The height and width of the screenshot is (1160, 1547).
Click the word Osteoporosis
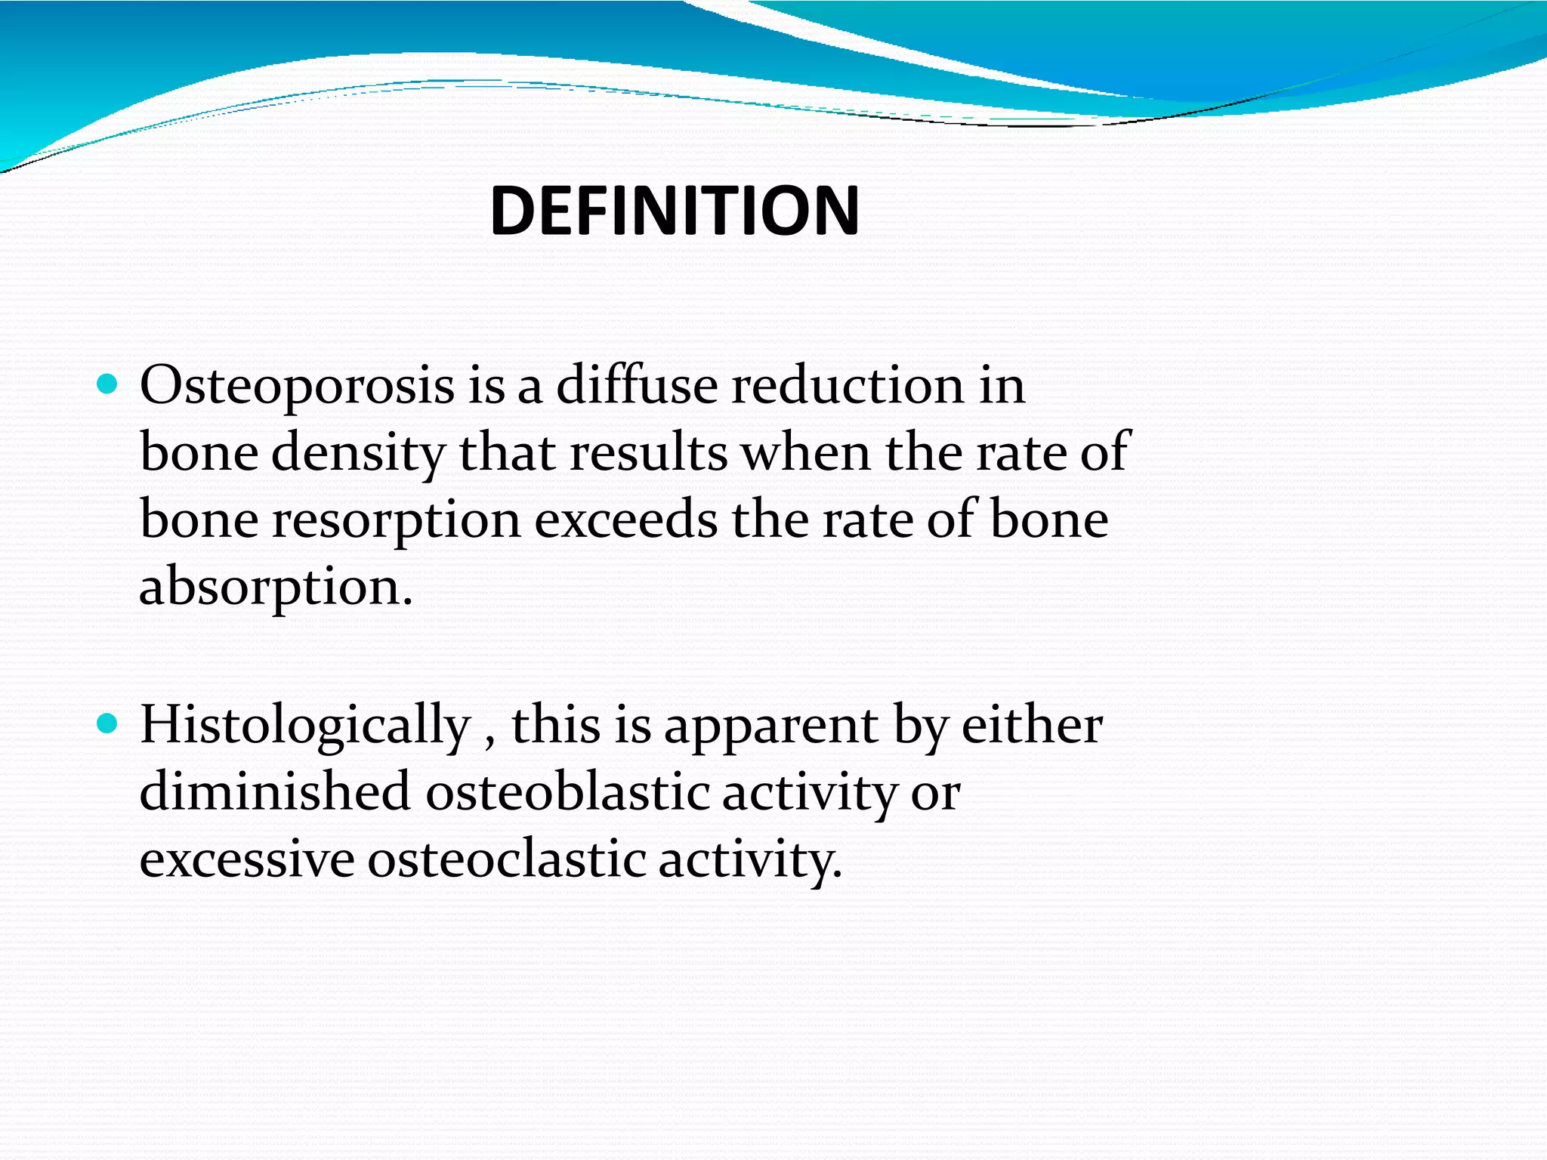tap(297, 386)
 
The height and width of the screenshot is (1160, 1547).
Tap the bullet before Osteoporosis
tap(108, 386)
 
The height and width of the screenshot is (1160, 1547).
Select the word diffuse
tap(637, 386)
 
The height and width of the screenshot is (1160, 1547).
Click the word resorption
tap(397, 521)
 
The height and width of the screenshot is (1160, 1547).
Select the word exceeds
tap(626, 521)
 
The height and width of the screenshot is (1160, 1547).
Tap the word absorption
tap(276, 588)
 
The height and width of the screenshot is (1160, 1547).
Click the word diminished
tap(275, 792)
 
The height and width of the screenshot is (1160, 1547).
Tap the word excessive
tap(247, 859)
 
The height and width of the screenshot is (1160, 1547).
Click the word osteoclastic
tap(507, 859)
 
